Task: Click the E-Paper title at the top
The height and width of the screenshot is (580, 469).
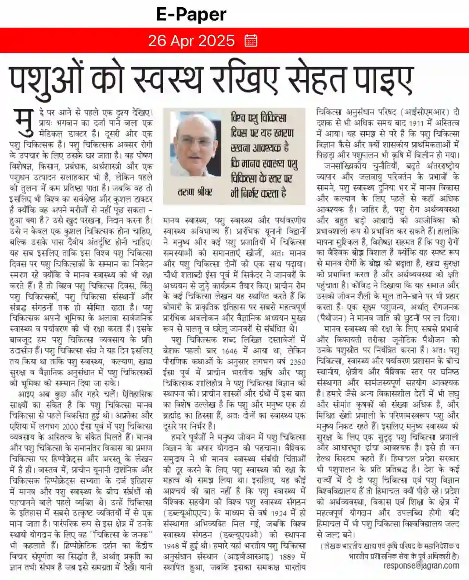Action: point(191,15)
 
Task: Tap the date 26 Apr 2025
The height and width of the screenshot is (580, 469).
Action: point(191,41)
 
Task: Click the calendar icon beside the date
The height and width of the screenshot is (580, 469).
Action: point(251,41)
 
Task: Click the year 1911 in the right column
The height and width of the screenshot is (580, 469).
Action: point(416,123)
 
